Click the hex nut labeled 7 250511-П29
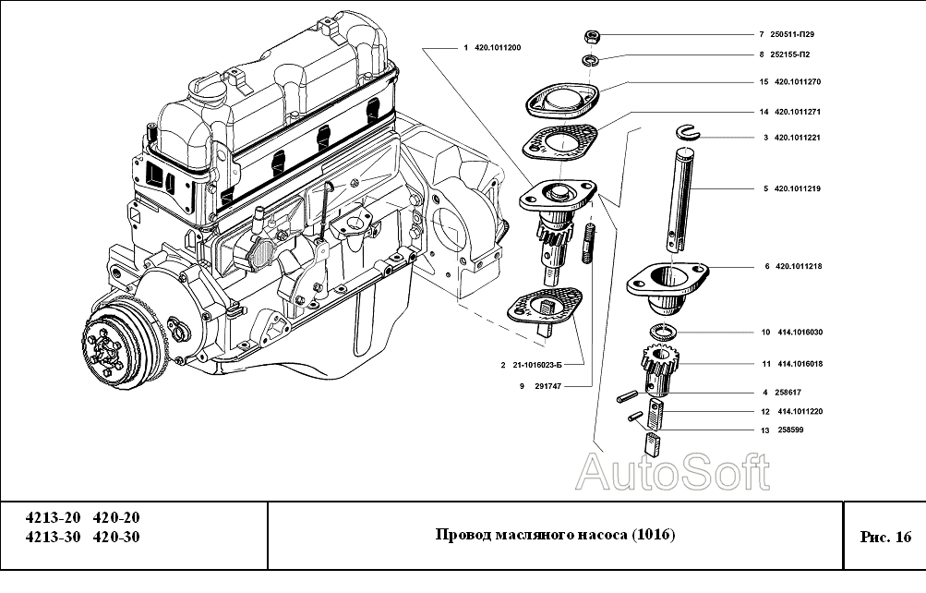point(591,36)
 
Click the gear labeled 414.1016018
point(657,366)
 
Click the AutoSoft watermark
point(672,473)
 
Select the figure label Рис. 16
point(884,537)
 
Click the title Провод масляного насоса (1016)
point(555,536)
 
